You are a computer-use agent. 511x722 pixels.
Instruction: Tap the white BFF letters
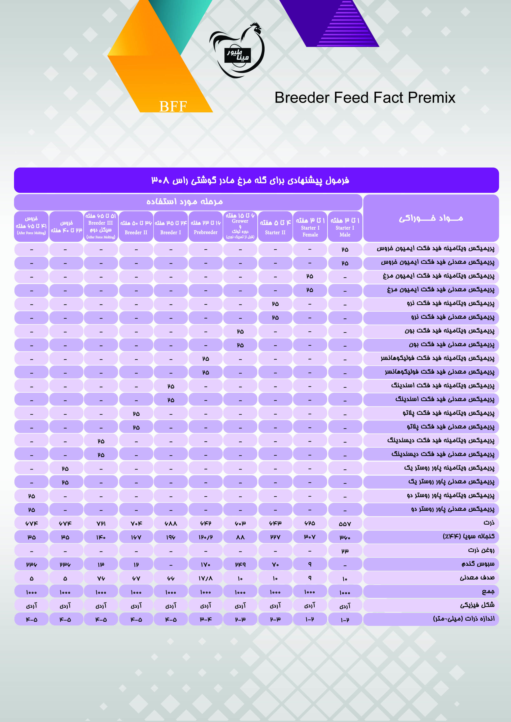point(173,106)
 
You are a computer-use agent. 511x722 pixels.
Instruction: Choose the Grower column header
point(240,226)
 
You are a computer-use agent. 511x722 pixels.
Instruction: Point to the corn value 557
point(345,524)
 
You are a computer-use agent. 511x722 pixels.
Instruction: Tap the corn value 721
point(101,524)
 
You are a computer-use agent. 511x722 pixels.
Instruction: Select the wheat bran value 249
point(240,565)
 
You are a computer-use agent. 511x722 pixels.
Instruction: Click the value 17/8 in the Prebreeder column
point(206,578)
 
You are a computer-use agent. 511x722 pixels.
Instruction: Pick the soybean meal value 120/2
point(206,537)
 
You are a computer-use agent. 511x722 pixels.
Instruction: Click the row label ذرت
point(489,523)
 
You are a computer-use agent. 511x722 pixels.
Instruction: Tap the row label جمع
point(488,592)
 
